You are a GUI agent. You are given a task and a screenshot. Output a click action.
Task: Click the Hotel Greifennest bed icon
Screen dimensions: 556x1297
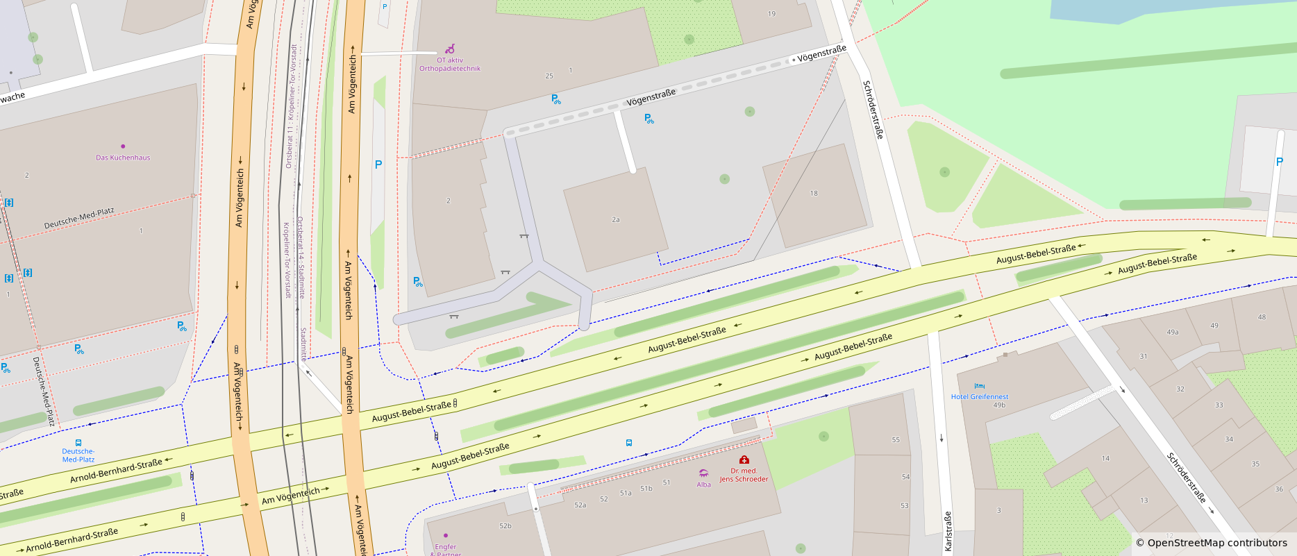(x=979, y=386)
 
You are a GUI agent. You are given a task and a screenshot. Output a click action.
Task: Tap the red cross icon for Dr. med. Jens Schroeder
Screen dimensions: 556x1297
(x=744, y=460)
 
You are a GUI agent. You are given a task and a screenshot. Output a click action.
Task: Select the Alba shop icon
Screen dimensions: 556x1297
(x=703, y=473)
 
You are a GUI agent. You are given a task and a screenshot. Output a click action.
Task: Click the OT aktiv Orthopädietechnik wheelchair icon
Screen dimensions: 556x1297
(x=450, y=49)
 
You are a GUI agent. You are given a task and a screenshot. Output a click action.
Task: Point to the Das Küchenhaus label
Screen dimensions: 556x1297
(x=123, y=158)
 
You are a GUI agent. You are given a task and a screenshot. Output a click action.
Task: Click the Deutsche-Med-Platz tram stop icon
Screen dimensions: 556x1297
(x=78, y=442)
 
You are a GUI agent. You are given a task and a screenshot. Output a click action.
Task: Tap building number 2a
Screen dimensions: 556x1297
(x=615, y=219)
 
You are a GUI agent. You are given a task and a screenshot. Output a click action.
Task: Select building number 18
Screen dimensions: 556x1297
(x=814, y=194)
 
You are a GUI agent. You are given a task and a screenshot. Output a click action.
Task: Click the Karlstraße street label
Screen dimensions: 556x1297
(x=948, y=531)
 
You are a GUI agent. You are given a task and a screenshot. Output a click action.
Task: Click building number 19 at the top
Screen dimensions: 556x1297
(x=771, y=14)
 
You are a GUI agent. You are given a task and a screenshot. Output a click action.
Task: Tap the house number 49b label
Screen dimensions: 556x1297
(x=999, y=405)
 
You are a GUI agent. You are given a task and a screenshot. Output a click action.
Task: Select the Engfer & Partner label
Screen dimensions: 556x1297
(x=445, y=550)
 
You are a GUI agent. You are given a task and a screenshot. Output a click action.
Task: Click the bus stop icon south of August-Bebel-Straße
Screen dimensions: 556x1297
(x=628, y=443)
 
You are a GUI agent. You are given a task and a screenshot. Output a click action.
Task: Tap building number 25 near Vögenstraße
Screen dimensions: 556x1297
(x=549, y=76)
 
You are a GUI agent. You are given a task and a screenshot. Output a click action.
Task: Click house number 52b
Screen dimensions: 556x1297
(x=505, y=526)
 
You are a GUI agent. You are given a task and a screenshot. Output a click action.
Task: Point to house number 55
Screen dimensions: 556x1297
(x=896, y=440)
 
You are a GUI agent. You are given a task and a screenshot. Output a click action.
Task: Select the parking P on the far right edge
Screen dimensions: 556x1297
(x=1279, y=162)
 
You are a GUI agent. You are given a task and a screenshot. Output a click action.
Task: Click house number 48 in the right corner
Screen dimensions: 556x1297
(x=1262, y=317)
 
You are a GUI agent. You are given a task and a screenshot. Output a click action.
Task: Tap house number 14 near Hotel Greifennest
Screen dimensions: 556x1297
(x=1105, y=458)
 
